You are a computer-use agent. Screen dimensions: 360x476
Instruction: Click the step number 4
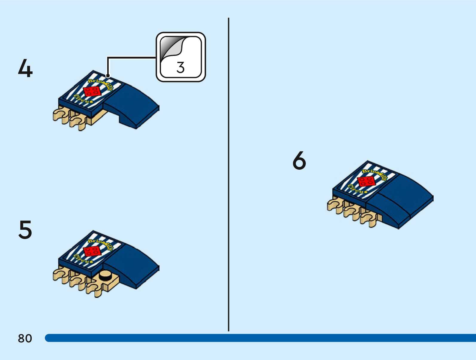[x=25, y=68]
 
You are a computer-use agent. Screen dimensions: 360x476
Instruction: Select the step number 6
[x=299, y=160]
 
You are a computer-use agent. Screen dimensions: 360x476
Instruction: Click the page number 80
[x=25, y=338]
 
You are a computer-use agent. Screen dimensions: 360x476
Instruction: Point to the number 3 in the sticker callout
[x=180, y=67]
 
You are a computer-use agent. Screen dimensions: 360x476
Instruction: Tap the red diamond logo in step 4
[x=92, y=91]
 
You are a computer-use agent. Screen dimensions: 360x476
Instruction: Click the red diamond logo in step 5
[x=92, y=251]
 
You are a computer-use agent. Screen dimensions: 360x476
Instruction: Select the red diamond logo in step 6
[x=366, y=181]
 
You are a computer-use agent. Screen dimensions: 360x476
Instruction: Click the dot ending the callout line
[x=108, y=76]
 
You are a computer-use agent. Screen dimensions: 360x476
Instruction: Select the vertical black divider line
[x=229, y=173]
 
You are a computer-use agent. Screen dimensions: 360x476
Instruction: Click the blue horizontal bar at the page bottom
[x=260, y=338]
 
